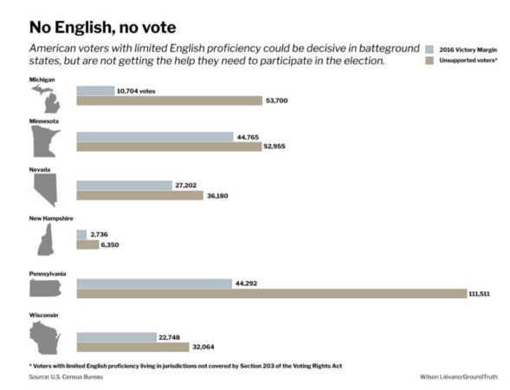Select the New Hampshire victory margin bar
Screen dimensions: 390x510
point(81,234)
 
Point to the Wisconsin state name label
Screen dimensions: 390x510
point(43,315)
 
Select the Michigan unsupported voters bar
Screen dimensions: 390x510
point(169,101)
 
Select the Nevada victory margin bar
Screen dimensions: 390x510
point(124,185)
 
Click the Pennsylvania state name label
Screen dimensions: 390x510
point(48,274)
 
